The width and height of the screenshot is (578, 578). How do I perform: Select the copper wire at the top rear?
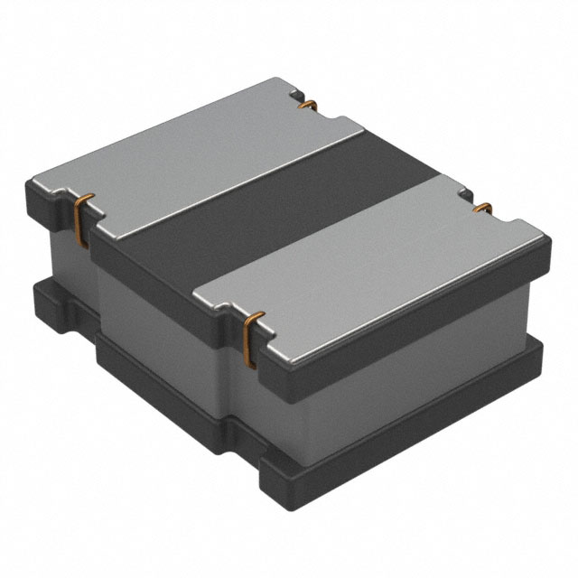(x=307, y=107)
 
